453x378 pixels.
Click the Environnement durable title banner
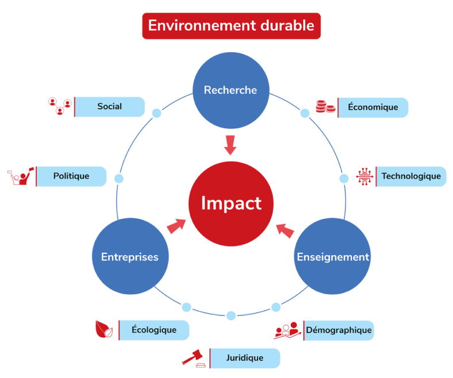tap(231, 26)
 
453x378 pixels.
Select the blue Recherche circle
tap(231, 90)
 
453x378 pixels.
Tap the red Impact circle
tap(231, 203)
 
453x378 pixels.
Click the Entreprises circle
tap(130, 257)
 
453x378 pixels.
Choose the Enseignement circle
tap(332, 257)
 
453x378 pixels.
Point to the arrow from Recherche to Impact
tap(231, 145)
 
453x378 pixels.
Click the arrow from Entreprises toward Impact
tap(176, 226)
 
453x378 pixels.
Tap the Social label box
tap(109, 107)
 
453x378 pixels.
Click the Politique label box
tap(71, 176)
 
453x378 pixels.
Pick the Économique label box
tap(373, 107)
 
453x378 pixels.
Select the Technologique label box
tap(411, 176)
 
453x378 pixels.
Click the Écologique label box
tap(154, 330)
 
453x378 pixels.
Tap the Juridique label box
tap(244, 358)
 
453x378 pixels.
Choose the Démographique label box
tap(339, 330)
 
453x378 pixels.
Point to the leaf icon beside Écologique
tap(104, 329)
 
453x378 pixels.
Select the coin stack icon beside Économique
tap(325, 106)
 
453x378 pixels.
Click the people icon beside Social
tap(59, 106)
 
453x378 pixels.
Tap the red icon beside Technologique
tap(364, 176)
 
